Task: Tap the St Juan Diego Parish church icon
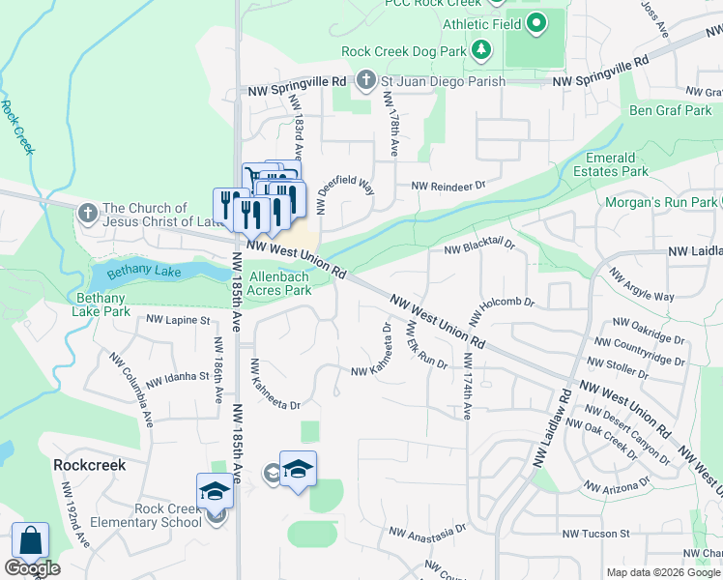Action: [x=366, y=81]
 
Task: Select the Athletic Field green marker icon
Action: [x=536, y=23]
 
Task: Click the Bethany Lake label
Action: [x=143, y=273]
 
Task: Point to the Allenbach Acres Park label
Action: [x=280, y=283]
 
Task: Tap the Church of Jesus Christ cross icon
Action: [x=87, y=213]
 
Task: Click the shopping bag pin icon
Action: [x=30, y=542]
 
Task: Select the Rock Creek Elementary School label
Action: [x=141, y=516]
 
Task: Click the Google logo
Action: [x=32, y=568]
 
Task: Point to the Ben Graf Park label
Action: [x=671, y=110]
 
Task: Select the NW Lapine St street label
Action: [x=178, y=319]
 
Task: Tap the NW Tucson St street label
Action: [x=596, y=533]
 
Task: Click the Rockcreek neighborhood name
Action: [x=89, y=465]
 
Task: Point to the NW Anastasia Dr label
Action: [x=427, y=531]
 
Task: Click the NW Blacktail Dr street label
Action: [x=479, y=248]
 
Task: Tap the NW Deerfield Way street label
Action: [x=345, y=180]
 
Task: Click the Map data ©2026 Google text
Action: [x=662, y=572]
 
